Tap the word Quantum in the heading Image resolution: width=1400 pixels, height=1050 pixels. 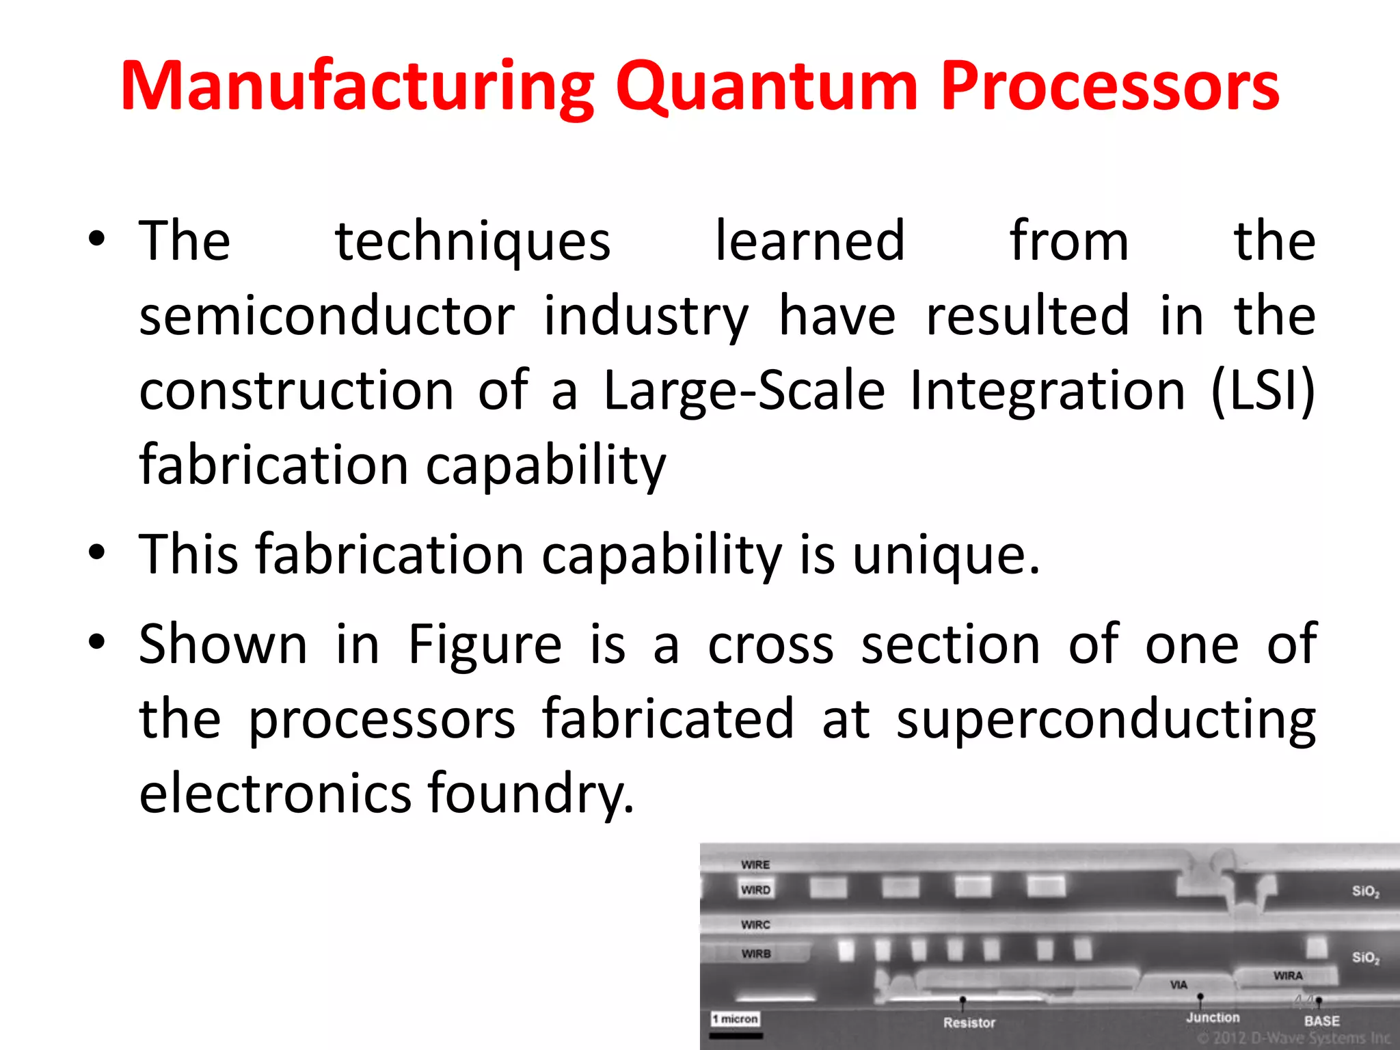[x=766, y=87]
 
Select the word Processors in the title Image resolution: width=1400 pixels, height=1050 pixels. [x=1109, y=87]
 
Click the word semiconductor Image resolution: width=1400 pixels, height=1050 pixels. [x=327, y=316]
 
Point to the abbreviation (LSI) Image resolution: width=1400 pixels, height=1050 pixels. [x=1262, y=390]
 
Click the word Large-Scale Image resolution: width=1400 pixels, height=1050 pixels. [x=744, y=390]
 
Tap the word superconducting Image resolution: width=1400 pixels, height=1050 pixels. [x=1105, y=719]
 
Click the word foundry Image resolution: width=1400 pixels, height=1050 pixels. [x=530, y=794]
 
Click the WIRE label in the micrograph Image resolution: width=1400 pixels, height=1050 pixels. [x=755, y=865]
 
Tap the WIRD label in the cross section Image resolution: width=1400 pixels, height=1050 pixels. [x=755, y=890]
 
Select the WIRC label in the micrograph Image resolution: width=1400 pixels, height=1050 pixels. [x=755, y=925]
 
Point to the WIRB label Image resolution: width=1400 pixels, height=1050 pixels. [x=756, y=954]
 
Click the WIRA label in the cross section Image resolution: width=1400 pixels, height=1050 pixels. [x=1288, y=975]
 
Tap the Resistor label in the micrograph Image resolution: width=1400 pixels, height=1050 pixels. [x=969, y=1023]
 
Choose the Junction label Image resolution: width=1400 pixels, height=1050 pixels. [x=1213, y=1017]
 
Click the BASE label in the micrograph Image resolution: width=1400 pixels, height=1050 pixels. [x=1321, y=1021]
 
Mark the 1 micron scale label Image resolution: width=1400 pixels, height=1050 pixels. [x=735, y=1019]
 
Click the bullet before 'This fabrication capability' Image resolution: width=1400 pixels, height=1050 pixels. [x=97, y=551]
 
